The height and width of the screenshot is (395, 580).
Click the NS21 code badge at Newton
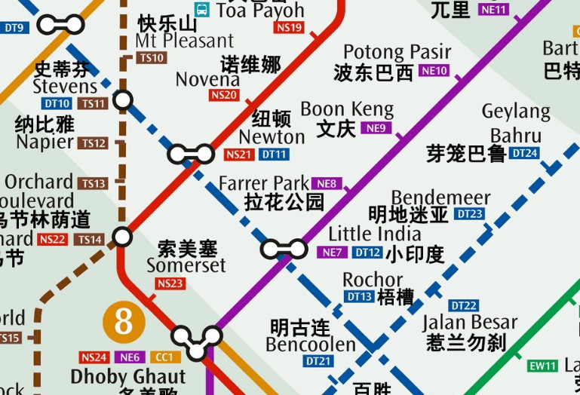coord(239,155)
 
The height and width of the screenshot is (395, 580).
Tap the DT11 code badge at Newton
coord(274,155)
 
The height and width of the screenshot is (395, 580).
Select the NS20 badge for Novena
coord(224,95)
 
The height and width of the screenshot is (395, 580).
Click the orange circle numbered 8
coord(123,322)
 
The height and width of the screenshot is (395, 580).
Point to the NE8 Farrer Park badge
coord(326,183)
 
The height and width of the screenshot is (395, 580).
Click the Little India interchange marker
coord(284,249)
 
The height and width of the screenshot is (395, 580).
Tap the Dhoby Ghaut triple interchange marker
coord(196,341)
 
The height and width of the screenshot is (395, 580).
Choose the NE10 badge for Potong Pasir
coord(434,71)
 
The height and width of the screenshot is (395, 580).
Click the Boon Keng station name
coord(347,109)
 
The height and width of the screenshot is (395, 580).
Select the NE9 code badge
coord(376,128)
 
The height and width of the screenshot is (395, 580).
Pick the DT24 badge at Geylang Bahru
coord(524,153)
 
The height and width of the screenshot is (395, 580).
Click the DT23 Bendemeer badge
coord(469,214)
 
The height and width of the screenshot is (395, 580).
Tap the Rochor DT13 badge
coord(360,297)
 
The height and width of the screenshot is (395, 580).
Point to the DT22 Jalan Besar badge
coord(463,305)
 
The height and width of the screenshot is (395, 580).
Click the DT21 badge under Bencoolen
coord(318,362)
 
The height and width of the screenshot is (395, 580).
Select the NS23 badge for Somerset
coord(170,283)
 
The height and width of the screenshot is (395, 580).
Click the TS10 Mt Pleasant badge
coord(152,57)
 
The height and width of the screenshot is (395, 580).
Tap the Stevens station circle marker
coord(122,100)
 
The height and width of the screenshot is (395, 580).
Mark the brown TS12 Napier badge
coord(94,143)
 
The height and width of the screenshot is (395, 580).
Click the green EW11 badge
coord(542,366)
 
